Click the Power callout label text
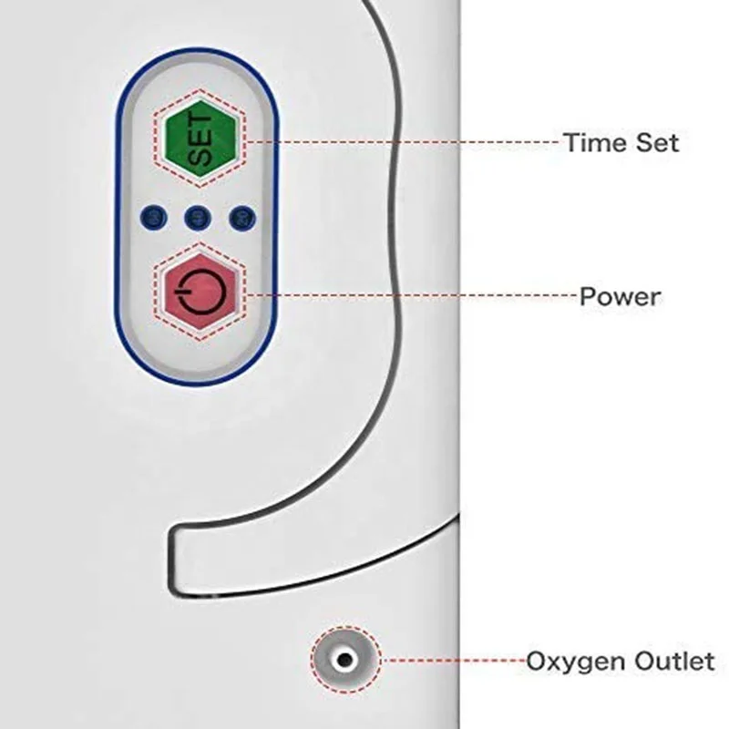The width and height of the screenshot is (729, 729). (x=621, y=296)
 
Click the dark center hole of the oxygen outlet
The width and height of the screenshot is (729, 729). (x=344, y=659)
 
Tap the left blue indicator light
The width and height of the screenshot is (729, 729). (x=151, y=217)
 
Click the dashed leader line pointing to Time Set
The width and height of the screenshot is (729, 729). (x=401, y=142)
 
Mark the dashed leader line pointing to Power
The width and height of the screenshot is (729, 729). (x=410, y=295)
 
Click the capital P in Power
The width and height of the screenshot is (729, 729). (x=589, y=296)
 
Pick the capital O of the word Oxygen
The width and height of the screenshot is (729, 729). (x=537, y=661)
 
